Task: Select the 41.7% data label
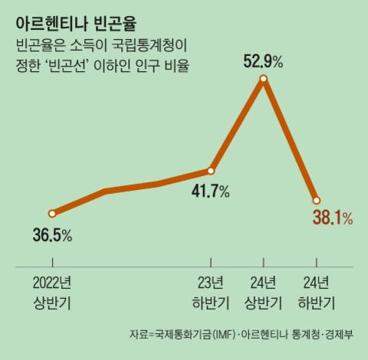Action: pos(211,191)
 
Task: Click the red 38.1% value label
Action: pos(332,219)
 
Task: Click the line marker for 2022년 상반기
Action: pos(52,214)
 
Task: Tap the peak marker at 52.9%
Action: pos(264,79)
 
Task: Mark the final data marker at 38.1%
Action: pos(316,200)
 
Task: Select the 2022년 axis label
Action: pos(52,283)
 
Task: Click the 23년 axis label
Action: pos(211,283)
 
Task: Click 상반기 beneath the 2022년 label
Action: pos(52,302)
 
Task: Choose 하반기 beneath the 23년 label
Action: pos(211,302)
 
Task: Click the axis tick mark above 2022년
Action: pos(52,269)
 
